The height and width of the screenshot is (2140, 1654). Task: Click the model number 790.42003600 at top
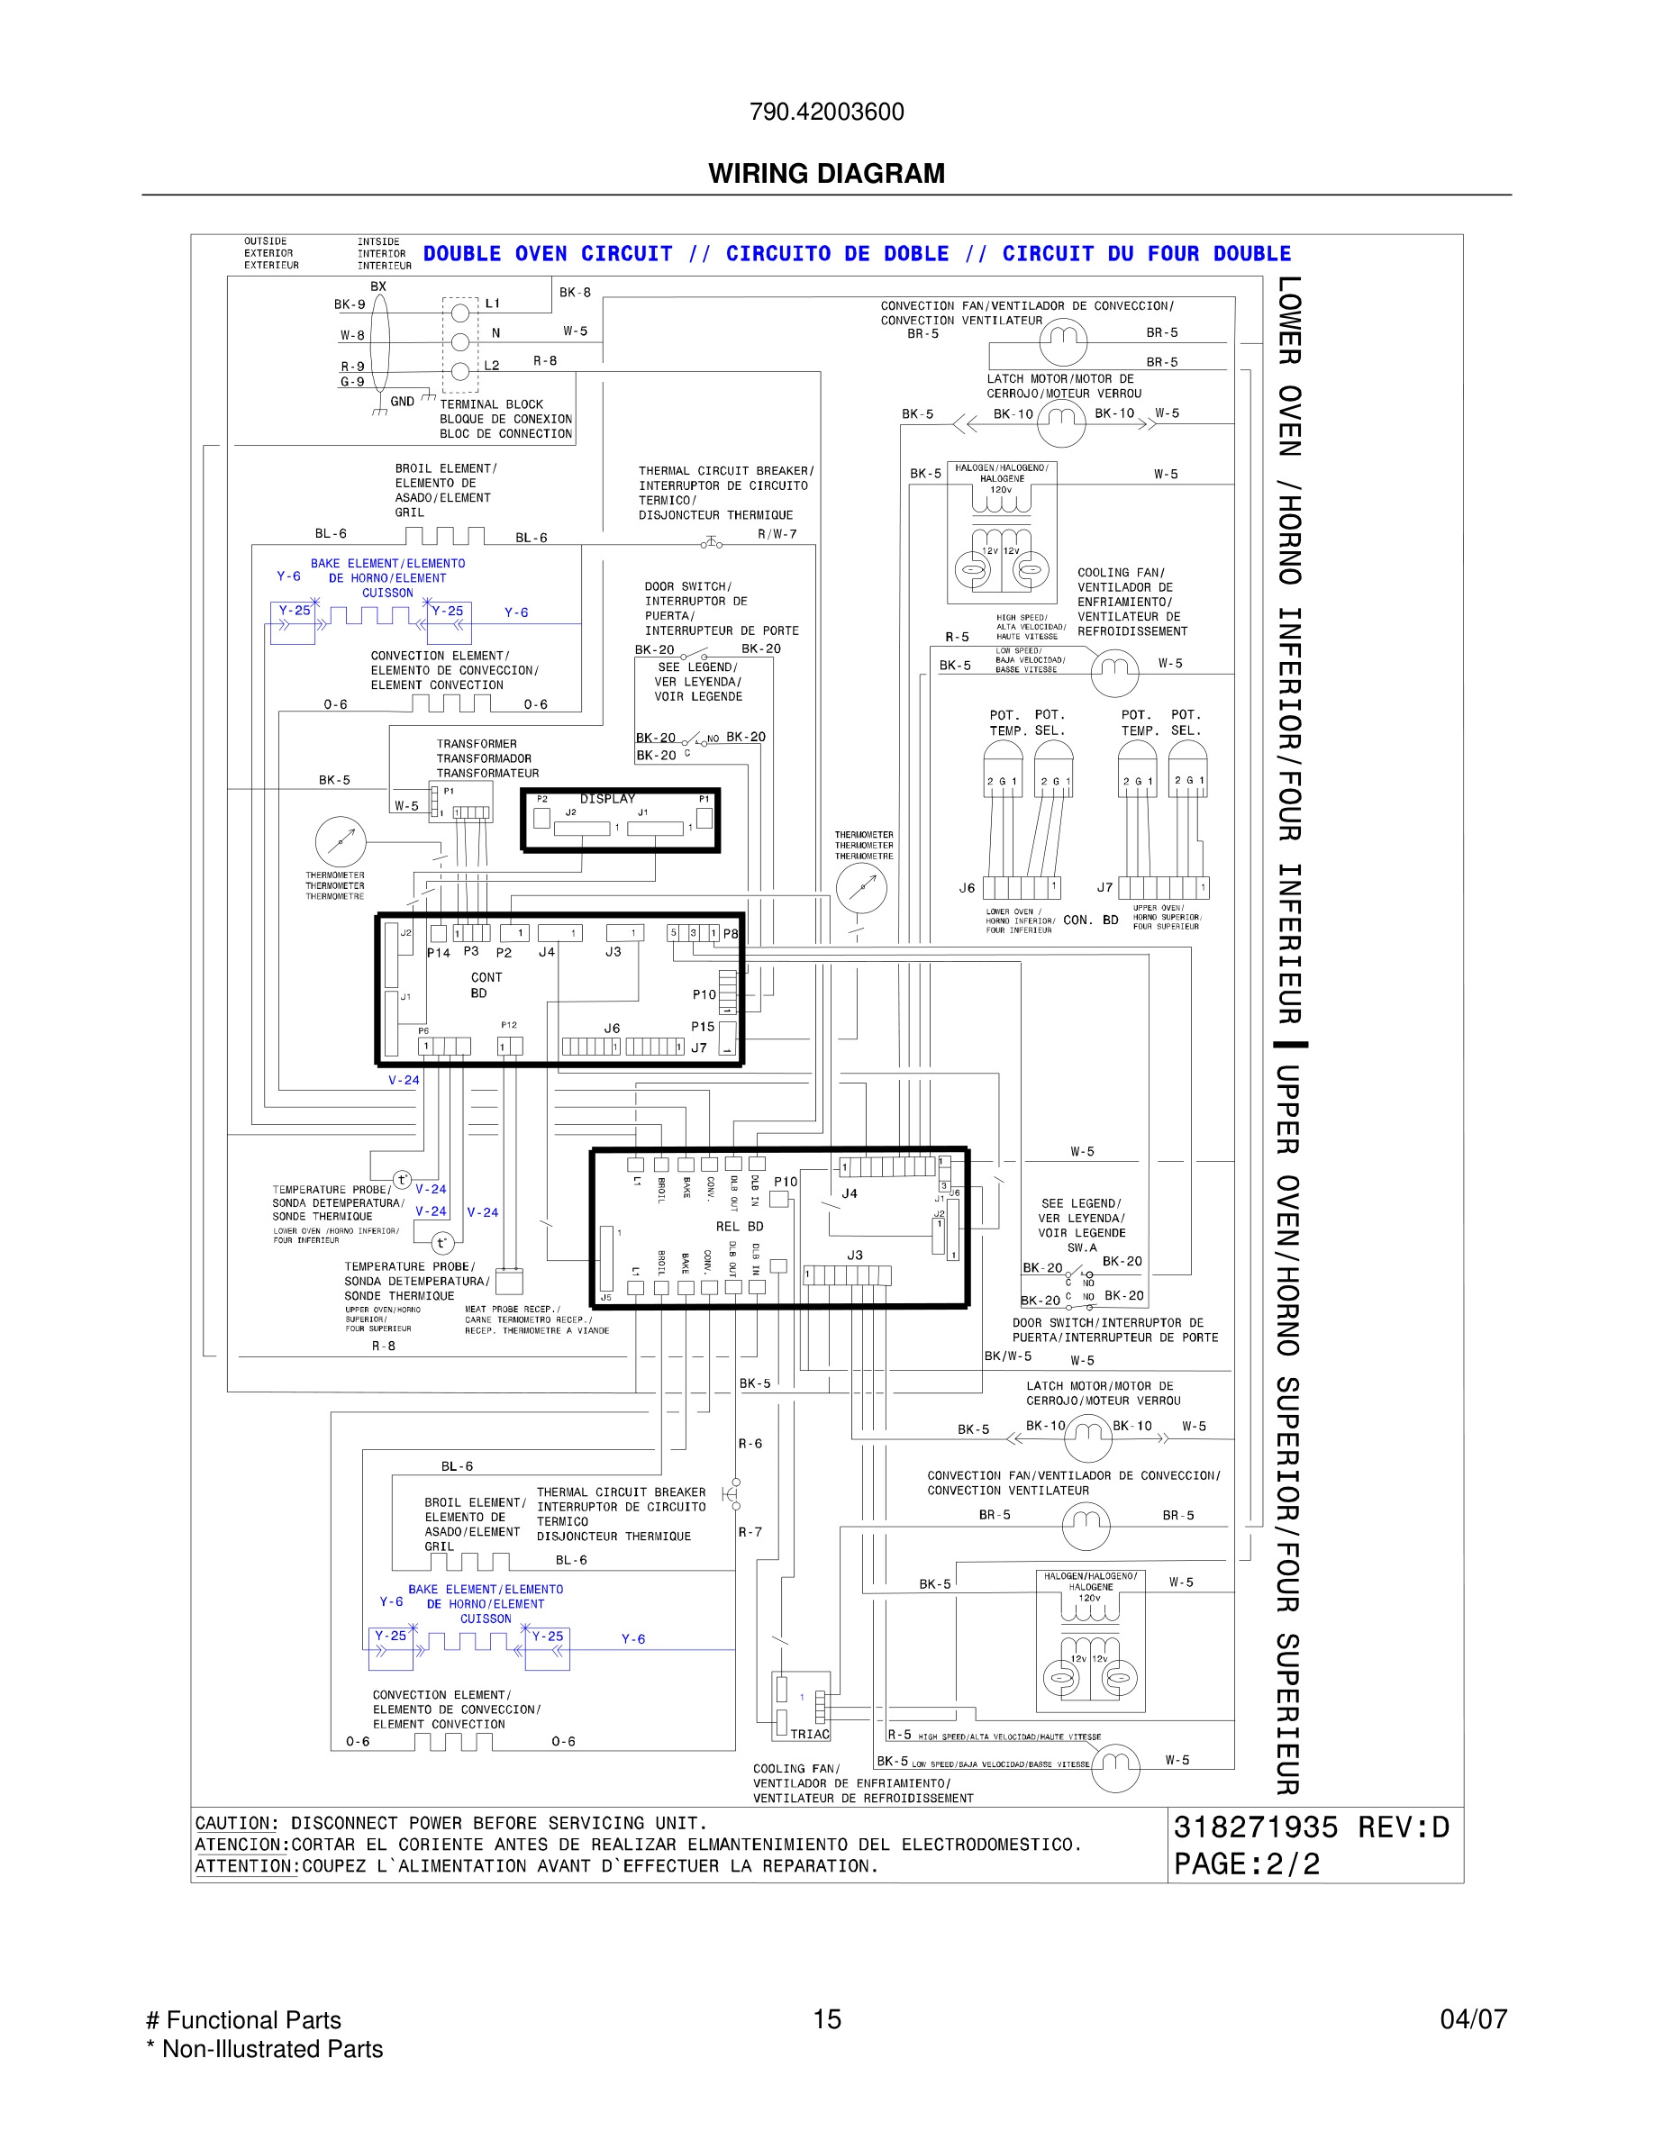826,112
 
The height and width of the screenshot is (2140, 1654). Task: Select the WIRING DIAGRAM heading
826,174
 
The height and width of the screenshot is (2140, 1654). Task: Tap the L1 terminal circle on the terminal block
459,313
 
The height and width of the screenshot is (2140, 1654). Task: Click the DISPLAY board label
606,799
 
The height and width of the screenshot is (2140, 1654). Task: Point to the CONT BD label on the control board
485,984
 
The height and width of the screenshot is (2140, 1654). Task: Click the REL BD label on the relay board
739,1226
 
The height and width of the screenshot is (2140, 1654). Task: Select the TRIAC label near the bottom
809,1734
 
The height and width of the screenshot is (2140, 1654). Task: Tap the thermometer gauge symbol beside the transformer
340,839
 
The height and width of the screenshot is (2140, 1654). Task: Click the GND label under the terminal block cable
402,401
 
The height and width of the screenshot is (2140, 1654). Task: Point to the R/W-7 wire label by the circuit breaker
777,534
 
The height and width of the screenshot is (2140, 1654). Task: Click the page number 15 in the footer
826,2018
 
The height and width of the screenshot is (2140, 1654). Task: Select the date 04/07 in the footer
1473,2018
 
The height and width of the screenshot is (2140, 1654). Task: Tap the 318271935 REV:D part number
1310,1827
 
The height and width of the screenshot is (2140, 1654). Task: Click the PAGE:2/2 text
1247,1863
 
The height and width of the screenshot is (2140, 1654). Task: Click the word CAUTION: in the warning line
236,1824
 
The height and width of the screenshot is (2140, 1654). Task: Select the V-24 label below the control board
404,1080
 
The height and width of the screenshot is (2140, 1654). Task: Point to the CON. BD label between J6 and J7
1089,920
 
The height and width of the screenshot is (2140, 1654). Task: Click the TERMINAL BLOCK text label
491,404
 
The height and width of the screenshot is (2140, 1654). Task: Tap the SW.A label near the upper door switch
1082,1247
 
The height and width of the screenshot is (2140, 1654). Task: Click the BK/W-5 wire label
1007,1356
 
